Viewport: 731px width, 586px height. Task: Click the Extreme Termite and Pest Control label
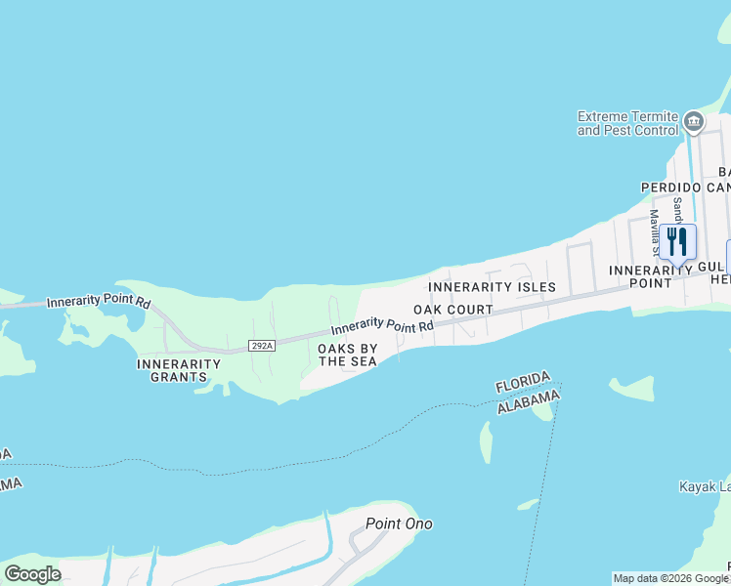pos(627,122)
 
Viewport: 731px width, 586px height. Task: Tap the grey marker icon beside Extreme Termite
pos(694,121)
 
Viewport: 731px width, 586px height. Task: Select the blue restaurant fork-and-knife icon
pos(677,241)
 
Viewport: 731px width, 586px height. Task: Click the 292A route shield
pos(262,345)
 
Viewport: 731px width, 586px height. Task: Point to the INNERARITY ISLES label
pos(492,287)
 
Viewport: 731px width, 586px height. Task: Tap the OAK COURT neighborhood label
pos(452,310)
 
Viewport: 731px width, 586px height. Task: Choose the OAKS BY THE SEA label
pos(347,355)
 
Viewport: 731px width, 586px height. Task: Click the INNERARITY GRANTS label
pos(179,370)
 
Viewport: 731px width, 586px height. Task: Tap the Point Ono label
pos(399,523)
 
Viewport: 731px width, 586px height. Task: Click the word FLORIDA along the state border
pos(522,382)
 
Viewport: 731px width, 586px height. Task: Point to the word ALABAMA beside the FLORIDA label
pos(528,400)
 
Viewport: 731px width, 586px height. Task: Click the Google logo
pos(32,574)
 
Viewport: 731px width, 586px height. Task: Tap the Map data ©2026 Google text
pos(670,578)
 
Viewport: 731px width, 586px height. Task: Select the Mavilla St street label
pos(654,230)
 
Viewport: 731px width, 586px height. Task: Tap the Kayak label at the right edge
pos(704,486)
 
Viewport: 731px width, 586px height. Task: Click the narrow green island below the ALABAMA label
pos(486,442)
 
